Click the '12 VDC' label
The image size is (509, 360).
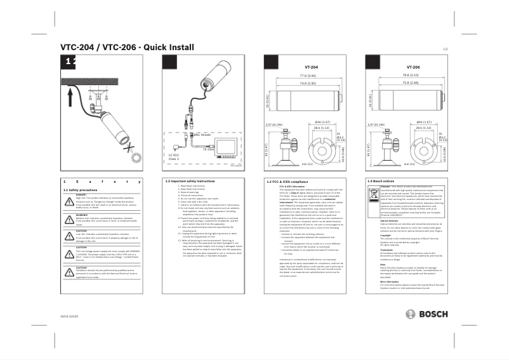(x=173, y=154)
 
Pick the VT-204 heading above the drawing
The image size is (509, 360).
(x=311, y=66)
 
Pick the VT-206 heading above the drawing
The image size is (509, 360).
(x=413, y=66)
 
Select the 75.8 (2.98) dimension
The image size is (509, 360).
(x=410, y=83)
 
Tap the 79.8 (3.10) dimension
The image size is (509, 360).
(x=410, y=76)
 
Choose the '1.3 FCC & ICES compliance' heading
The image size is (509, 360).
(x=291, y=182)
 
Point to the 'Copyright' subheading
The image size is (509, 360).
(x=386, y=234)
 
